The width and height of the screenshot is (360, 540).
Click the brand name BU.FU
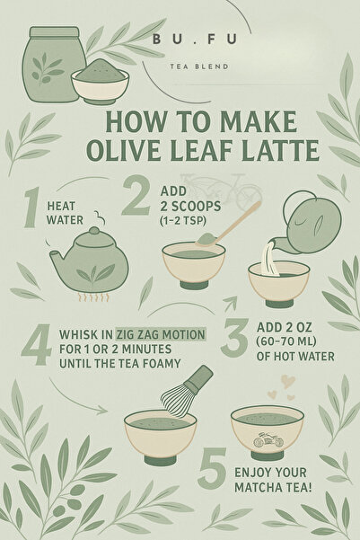195,40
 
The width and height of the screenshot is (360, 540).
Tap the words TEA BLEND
199,66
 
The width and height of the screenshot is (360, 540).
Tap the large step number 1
31,209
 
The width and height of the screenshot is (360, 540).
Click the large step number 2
136,195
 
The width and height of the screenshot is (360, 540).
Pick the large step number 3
235,338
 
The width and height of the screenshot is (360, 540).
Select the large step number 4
37,344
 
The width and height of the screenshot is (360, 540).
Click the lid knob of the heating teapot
94,230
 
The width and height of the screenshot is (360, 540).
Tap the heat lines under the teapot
94,297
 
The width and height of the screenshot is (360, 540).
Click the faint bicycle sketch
221,190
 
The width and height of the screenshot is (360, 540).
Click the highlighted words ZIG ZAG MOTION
161,334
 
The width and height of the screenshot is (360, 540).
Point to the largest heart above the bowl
288,381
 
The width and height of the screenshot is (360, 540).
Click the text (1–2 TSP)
183,221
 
